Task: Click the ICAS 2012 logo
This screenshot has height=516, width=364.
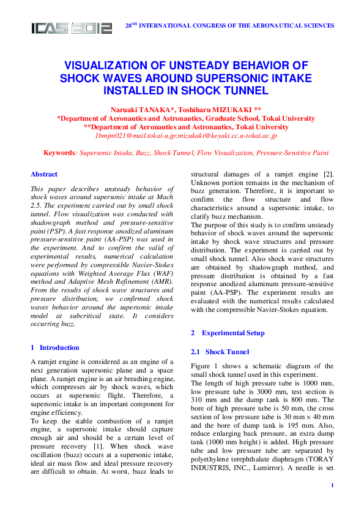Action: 72,28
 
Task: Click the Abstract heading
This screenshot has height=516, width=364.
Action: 44,174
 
